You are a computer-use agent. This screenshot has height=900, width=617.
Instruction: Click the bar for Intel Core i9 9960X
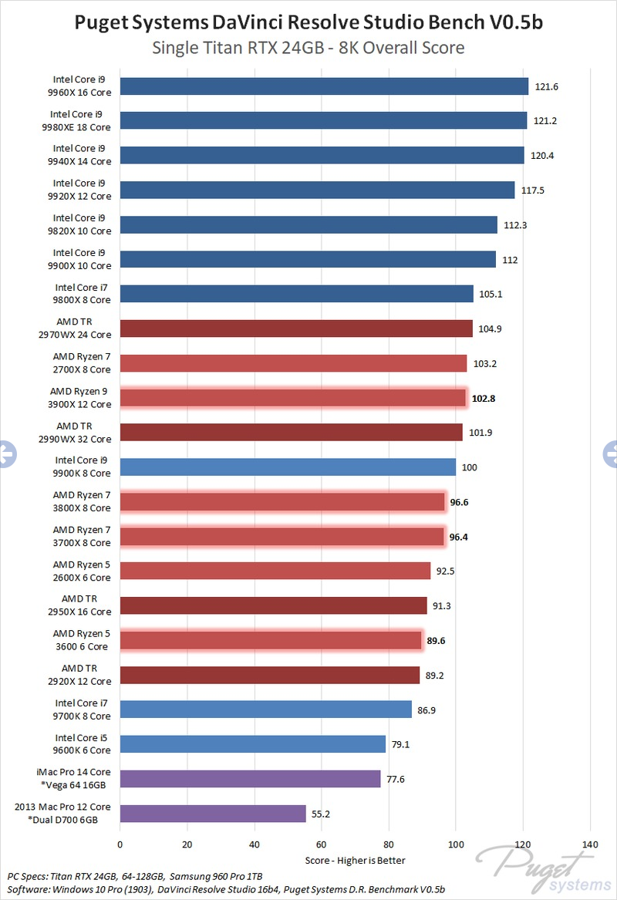tap(324, 86)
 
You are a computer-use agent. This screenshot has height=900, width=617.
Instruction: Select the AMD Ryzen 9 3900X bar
tap(293, 398)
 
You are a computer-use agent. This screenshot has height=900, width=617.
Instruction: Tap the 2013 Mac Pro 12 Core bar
tap(213, 813)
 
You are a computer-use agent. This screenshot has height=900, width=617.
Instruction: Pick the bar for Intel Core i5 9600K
tap(252, 743)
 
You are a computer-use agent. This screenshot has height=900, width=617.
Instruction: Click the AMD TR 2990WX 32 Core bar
tap(291, 432)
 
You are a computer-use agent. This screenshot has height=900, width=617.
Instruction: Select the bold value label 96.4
tap(460, 536)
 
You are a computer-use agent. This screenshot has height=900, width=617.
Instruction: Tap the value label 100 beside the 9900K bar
tap(467, 467)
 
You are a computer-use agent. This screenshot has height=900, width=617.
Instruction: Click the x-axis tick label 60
tap(321, 844)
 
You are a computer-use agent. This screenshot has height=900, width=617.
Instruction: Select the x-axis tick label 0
tap(120, 844)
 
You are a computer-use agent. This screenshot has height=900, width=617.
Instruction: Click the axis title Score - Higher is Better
tap(355, 860)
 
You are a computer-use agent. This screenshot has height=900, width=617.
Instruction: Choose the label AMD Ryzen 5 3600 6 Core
tap(82, 639)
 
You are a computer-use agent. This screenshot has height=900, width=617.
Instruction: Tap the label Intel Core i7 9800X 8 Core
tap(82, 294)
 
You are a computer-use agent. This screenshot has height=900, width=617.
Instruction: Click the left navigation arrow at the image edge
tap(6, 453)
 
